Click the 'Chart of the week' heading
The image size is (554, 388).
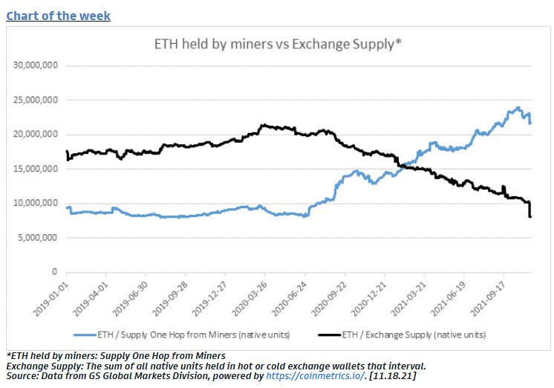(58, 15)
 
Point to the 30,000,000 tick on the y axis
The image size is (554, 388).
(39, 65)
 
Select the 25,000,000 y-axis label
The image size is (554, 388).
(39, 100)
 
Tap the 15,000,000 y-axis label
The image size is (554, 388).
(39, 169)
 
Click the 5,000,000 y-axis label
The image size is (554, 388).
(42, 238)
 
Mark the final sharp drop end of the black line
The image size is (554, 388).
(530, 216)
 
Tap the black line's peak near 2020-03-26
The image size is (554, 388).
(263, 125)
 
